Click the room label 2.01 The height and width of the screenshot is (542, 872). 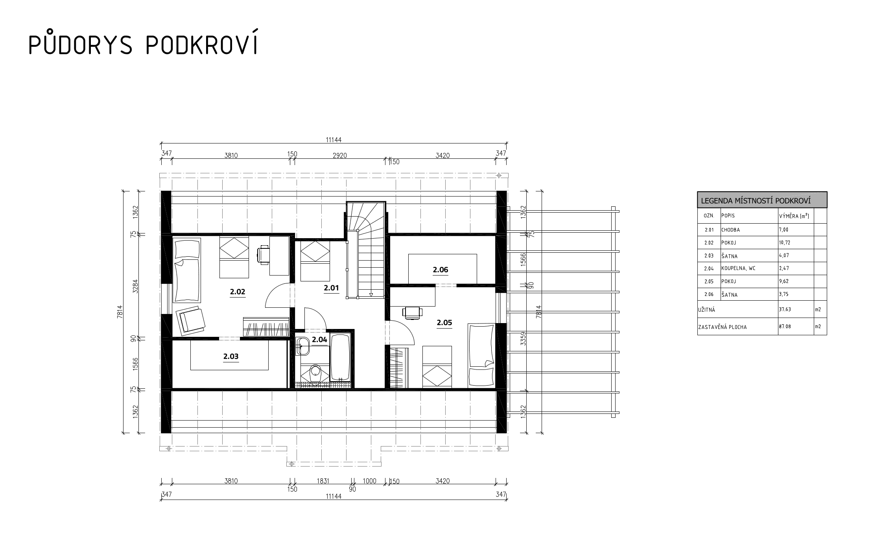[331, 288]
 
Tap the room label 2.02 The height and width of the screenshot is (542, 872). [238, 292]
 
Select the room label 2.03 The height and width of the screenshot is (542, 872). [231, 356]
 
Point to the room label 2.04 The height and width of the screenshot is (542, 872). [319, 340]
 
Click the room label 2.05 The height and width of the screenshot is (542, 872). [444, 323]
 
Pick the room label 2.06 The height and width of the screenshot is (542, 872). [441, 270]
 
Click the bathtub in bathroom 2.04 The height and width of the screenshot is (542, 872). [340, 357]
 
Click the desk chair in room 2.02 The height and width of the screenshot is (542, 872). [263, 254]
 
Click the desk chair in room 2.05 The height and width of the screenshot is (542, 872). [412, 312]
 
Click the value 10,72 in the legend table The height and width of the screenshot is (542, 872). [784, 243]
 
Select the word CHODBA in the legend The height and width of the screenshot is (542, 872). [730, 230]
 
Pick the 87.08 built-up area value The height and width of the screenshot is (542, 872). [785, 326]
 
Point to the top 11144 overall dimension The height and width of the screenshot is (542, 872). [334, 140]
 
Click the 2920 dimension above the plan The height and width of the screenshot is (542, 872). [340, 155]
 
